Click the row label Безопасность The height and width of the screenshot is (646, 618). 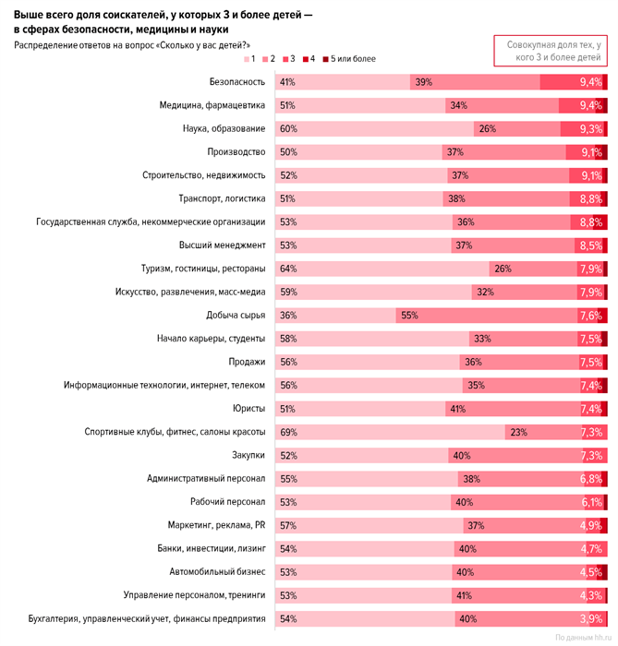237,82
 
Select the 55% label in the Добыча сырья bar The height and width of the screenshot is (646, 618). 408,315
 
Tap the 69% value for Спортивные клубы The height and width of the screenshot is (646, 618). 286,431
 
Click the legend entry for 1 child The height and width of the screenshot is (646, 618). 249,60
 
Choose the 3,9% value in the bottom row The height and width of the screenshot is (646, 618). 590,618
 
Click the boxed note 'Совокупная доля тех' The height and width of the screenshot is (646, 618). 552,51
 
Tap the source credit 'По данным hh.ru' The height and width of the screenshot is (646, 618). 582,637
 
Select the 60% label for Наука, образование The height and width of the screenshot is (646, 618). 286,128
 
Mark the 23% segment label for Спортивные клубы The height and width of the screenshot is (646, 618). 517,431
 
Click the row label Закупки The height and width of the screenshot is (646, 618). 248,455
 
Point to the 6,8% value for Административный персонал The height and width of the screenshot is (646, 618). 590,478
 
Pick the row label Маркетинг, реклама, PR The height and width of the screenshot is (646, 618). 216,525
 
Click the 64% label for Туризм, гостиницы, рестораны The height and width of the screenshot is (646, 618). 286,269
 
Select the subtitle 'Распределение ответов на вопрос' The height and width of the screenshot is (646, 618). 131,44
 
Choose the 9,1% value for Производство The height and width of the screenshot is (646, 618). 590,152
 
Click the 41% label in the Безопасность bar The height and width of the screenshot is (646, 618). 286,82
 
